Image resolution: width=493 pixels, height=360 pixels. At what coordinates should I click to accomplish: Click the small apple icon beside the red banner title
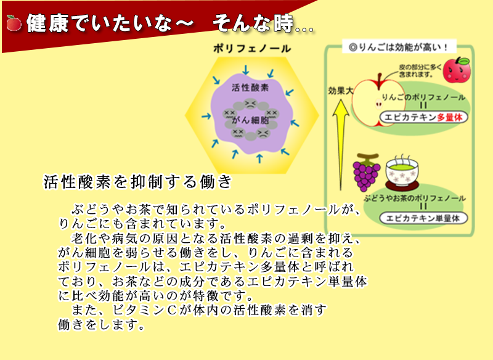click(14, 23)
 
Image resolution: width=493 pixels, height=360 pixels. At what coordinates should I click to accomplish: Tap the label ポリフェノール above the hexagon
click(252, 49)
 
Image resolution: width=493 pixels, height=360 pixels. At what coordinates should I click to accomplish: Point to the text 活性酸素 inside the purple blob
click(250, 88)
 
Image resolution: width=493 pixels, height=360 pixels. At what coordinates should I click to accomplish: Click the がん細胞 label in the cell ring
click(250, 120)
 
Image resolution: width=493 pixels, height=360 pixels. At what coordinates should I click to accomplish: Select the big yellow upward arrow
click(341, 145)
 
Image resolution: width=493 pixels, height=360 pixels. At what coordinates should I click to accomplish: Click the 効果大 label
click(341, 91)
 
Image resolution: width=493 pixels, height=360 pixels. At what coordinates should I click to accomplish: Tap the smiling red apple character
click(457, 70)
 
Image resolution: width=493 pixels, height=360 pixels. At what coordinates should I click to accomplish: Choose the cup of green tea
click(402, 171)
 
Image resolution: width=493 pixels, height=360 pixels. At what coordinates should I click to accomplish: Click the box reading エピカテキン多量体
click(423, 117)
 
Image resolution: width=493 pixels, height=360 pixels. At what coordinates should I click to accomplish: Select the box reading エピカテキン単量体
click(423, 218)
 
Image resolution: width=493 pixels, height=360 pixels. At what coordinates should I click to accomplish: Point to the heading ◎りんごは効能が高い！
click(399, 47)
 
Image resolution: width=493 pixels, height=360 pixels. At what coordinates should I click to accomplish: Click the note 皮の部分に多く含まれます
click(420, 71)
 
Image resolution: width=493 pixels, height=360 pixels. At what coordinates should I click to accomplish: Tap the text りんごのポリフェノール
click(423, 97)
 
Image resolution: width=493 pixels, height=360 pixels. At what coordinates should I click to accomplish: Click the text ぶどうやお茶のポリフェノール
click(414, 198)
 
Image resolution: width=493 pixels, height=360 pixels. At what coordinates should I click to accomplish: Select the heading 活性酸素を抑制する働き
click(137, 182)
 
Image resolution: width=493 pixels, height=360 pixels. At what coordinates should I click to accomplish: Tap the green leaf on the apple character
click(463, 60)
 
